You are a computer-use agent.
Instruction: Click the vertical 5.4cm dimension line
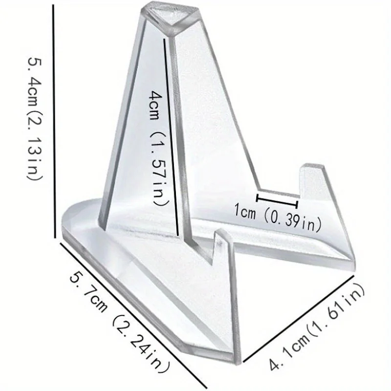pos(53,122)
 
